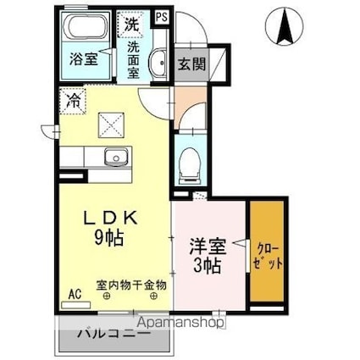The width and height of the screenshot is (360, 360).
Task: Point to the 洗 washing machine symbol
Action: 132,24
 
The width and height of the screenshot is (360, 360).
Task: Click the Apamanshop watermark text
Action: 179,322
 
